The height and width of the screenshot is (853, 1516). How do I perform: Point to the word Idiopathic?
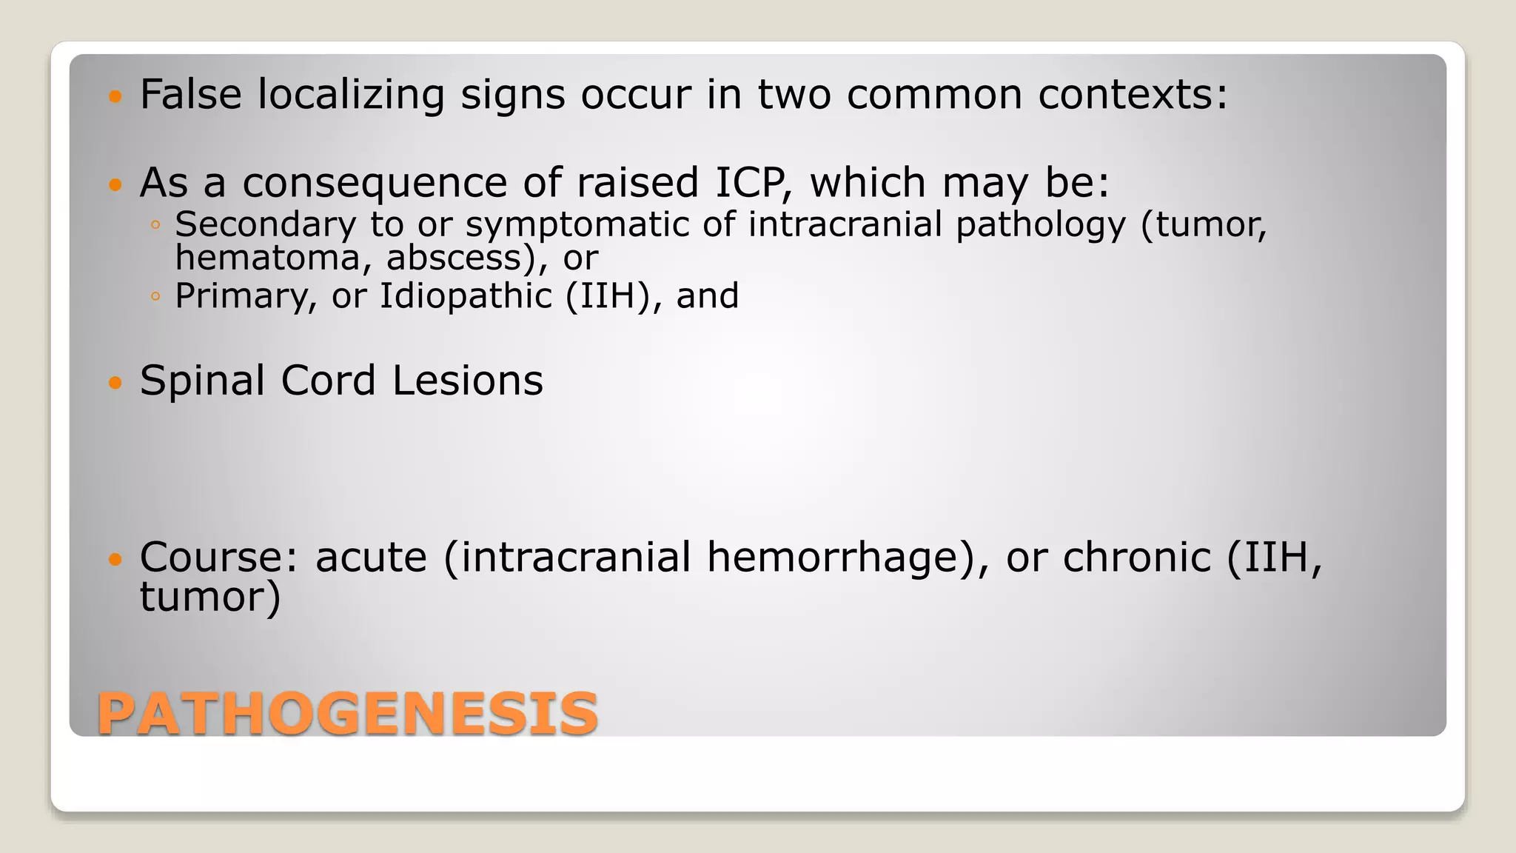pos(466,297)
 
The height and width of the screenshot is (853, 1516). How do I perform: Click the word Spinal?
pos(202,381)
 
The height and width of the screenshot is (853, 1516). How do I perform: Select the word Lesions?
pos(468,381)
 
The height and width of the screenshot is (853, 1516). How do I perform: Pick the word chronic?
pos(1136,557)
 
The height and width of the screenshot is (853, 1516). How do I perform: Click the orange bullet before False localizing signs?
pos(115,96)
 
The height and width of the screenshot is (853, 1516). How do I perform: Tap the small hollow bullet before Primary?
pos(155,297)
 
